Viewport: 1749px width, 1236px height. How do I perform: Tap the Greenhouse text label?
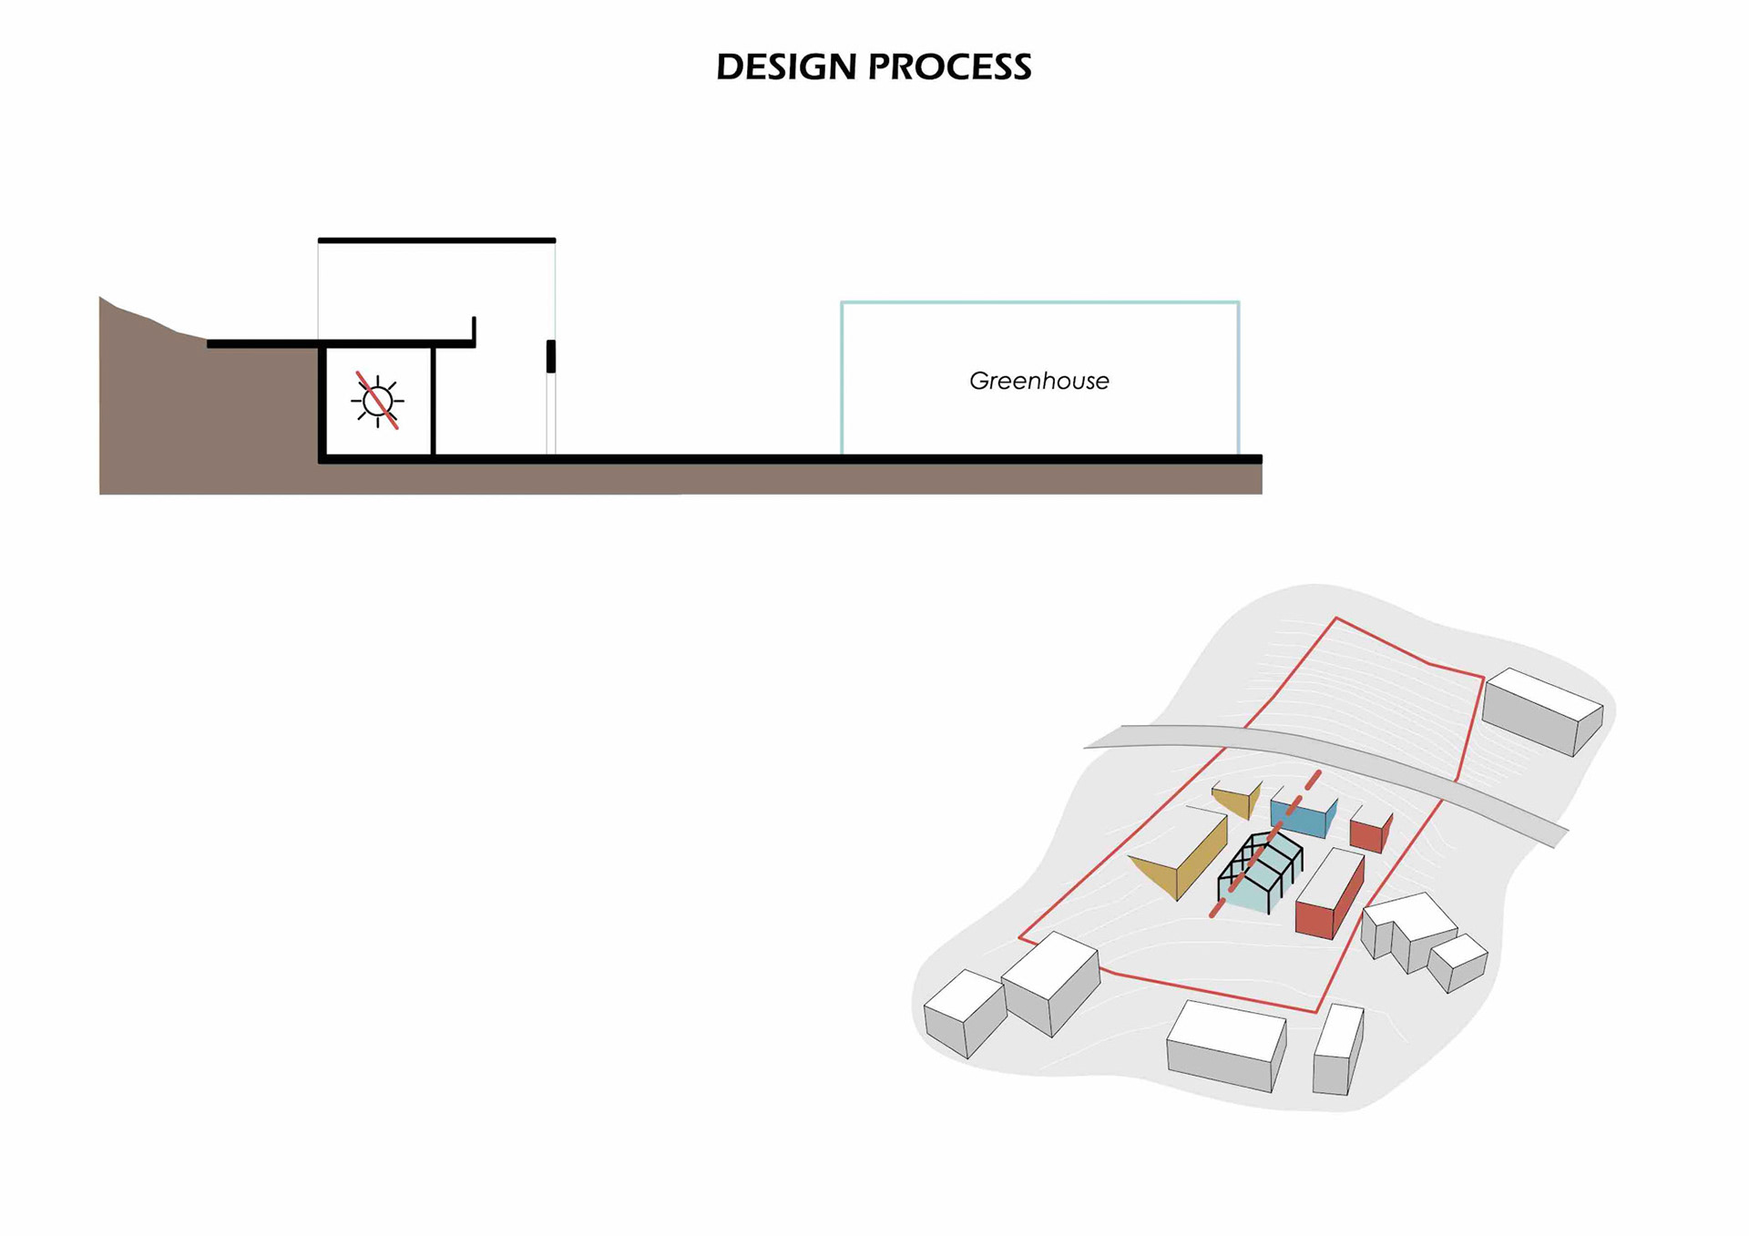point(1038,381)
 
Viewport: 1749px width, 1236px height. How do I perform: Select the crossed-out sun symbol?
point(377,401)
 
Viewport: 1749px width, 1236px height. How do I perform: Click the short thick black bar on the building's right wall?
point(550,356)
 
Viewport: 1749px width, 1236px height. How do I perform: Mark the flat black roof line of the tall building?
point(436,240)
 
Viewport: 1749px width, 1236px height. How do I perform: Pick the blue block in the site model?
point(1303,817)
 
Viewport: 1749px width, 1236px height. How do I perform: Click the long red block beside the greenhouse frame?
point(1329,897)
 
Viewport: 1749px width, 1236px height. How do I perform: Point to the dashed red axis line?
point(1312,781)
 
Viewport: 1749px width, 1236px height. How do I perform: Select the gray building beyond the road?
point(1541,712)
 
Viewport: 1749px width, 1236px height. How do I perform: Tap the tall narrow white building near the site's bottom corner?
point(1336,1049)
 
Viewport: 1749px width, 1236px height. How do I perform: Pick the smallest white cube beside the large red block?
point(1457,962)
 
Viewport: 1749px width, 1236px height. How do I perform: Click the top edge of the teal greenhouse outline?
point(1038,302)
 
